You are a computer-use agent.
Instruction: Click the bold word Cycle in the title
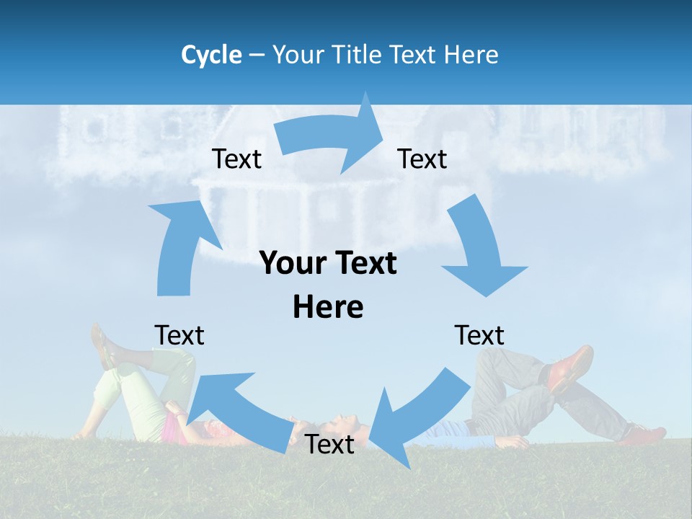(x=211, y=55)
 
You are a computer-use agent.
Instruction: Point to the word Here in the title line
(x=471, y=55)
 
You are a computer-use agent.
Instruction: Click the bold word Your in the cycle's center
(x=293, y=264)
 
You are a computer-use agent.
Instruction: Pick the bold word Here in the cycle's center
(x=328, y=307)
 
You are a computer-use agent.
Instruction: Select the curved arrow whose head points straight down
(x=479, y=252)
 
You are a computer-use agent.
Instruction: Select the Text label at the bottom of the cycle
(x=329, y=445)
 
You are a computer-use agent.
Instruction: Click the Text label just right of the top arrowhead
(x=422, y=159)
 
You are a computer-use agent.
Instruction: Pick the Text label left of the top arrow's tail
(x=236, y=159)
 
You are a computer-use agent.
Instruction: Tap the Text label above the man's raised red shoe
(x=479, y=335)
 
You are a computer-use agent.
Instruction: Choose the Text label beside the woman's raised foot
(x=179, y=335)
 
